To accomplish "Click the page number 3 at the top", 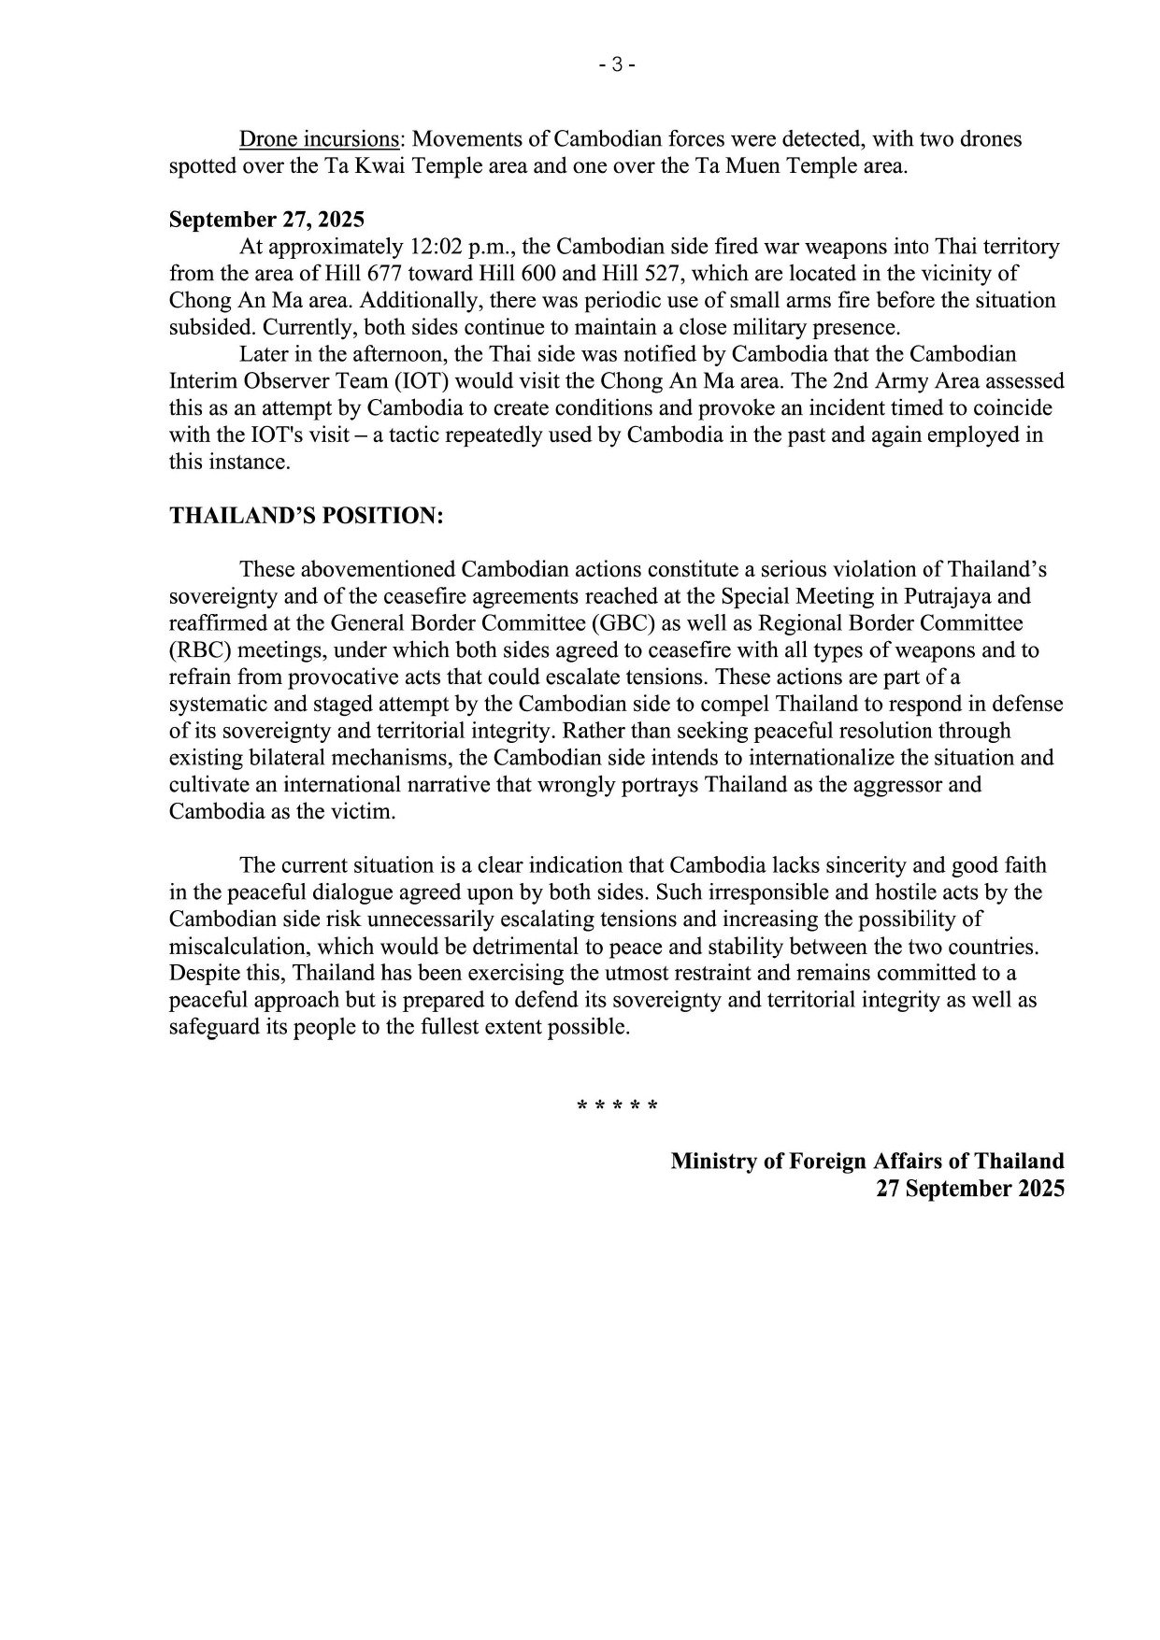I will click(x=617, y=65).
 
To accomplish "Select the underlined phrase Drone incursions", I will click(x=319, y=139).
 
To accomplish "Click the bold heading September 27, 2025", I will click(x=266, y=220).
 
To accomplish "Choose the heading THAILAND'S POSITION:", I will click(x=306, y=516).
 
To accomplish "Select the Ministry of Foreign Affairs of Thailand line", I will click(x=866, y=1162).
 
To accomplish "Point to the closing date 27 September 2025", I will click(x=969, y=1189).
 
